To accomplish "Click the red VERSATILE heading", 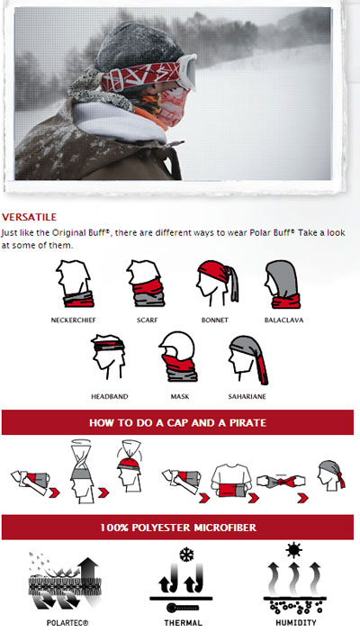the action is point(29,217).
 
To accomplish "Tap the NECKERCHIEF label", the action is point(74,320).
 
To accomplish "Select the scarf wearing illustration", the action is point(146,284).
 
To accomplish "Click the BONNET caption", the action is point(215,320).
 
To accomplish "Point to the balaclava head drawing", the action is point(283,284).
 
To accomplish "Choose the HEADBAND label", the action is point(109,397).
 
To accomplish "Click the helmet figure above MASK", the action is point(178,357).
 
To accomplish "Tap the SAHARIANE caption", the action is point(247,397).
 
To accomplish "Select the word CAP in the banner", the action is point(173,423).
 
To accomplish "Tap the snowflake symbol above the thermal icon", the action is point(186,555).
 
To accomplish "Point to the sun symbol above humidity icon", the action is point(294,550).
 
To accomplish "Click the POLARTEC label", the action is point(67,623).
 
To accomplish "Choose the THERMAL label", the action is point(183,623).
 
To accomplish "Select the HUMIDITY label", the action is point(296,623).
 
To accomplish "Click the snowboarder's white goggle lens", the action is point(188,73).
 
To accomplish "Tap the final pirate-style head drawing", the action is point(331,475).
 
